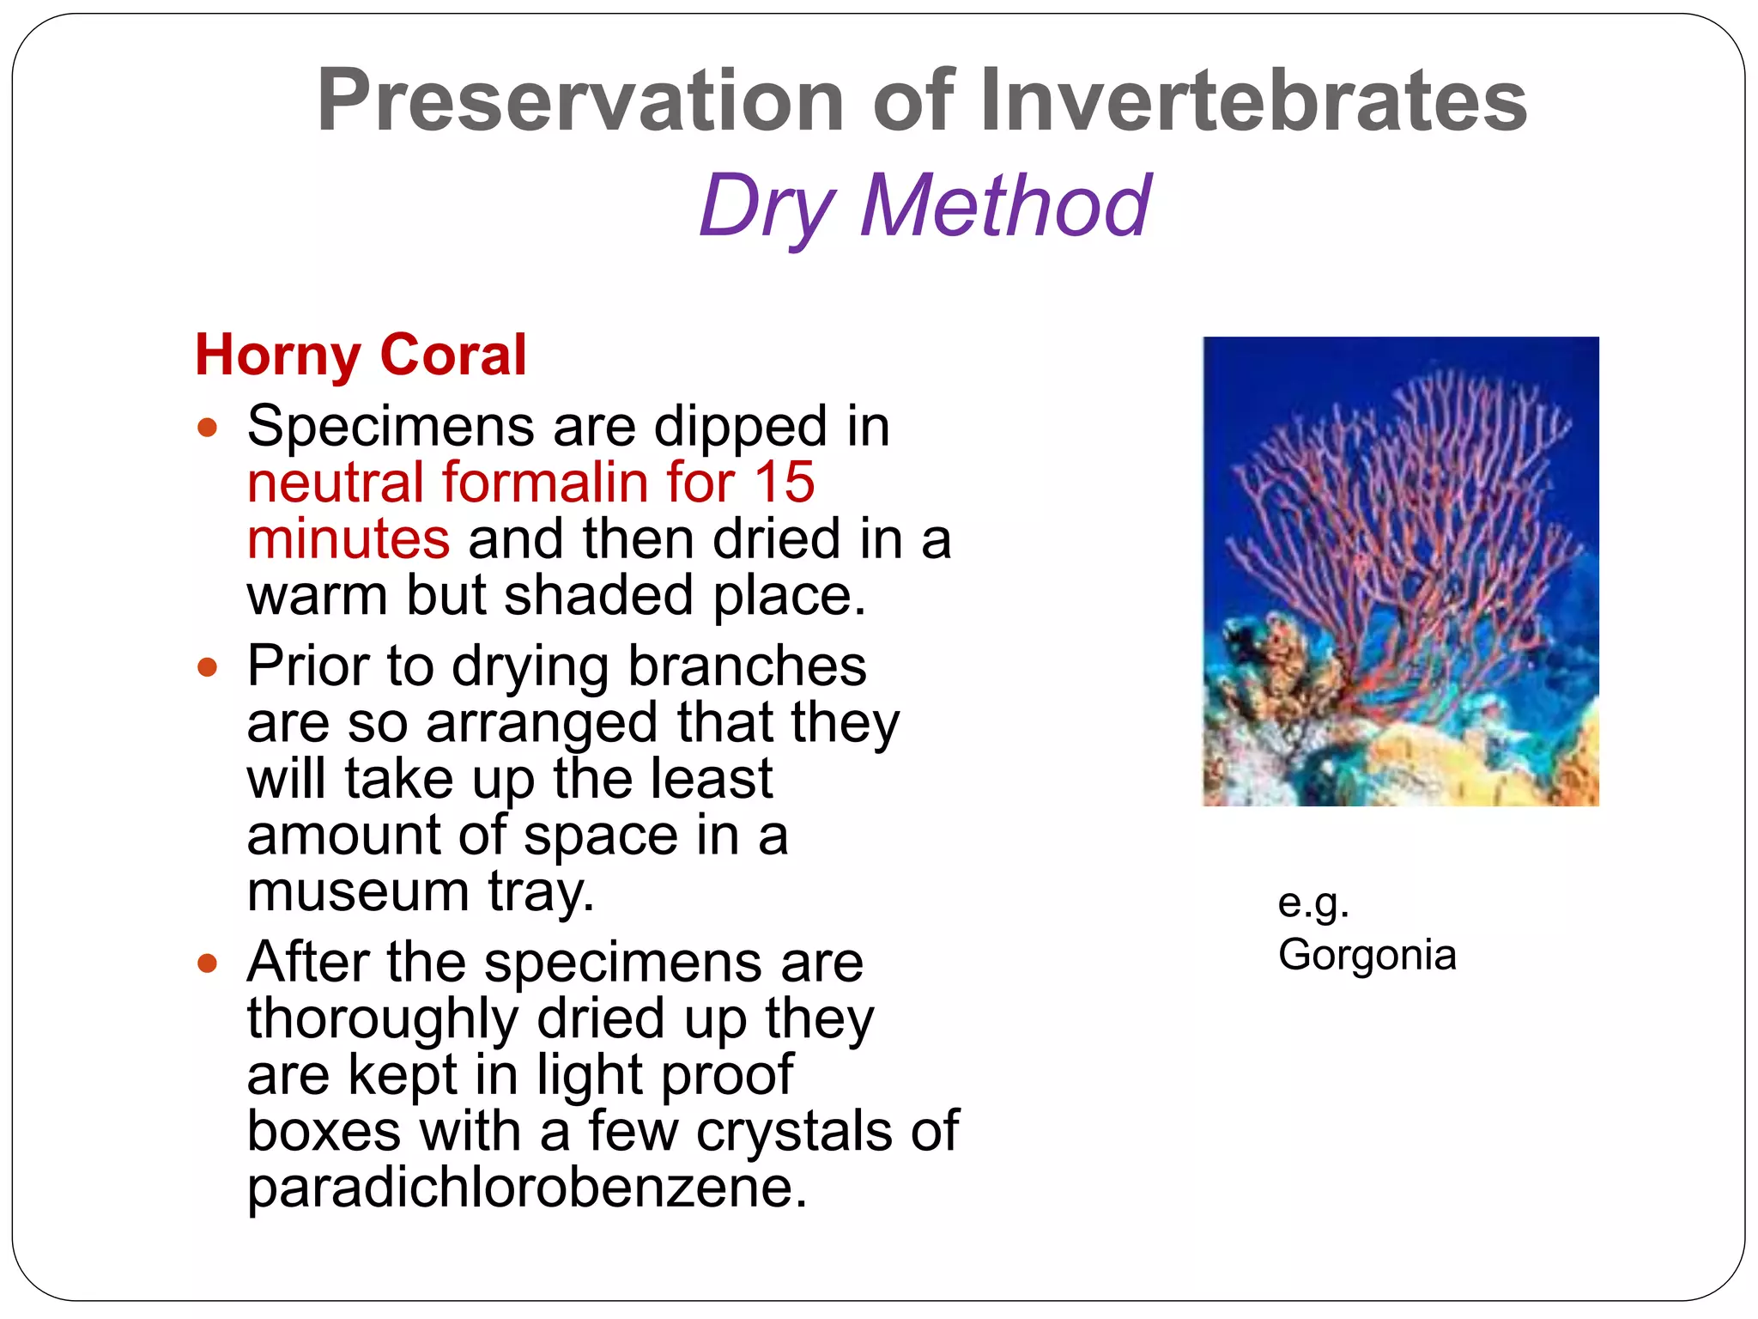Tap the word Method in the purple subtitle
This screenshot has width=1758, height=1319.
(x=1005, y=206)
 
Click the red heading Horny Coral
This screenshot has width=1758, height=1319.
(x=361, y=355)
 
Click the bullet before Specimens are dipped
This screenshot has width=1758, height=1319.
(x=207, y=427)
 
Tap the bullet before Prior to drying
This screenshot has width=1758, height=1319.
(x=207, y=666)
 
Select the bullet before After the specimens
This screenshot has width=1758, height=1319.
(x=207, y=963)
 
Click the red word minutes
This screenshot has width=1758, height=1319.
(x=348, y=539)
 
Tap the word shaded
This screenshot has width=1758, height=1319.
(x=598, y=596)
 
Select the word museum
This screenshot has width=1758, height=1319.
(x=357, y=891)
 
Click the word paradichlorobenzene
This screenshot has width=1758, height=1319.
(x=526, y=1188)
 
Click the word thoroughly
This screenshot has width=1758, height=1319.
(x=383, y=1018)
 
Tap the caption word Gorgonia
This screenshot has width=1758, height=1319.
(x=1367, y=955)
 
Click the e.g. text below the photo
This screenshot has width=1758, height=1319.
(x=1312, y=903)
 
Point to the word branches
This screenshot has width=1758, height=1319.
(x=747, y=666)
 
